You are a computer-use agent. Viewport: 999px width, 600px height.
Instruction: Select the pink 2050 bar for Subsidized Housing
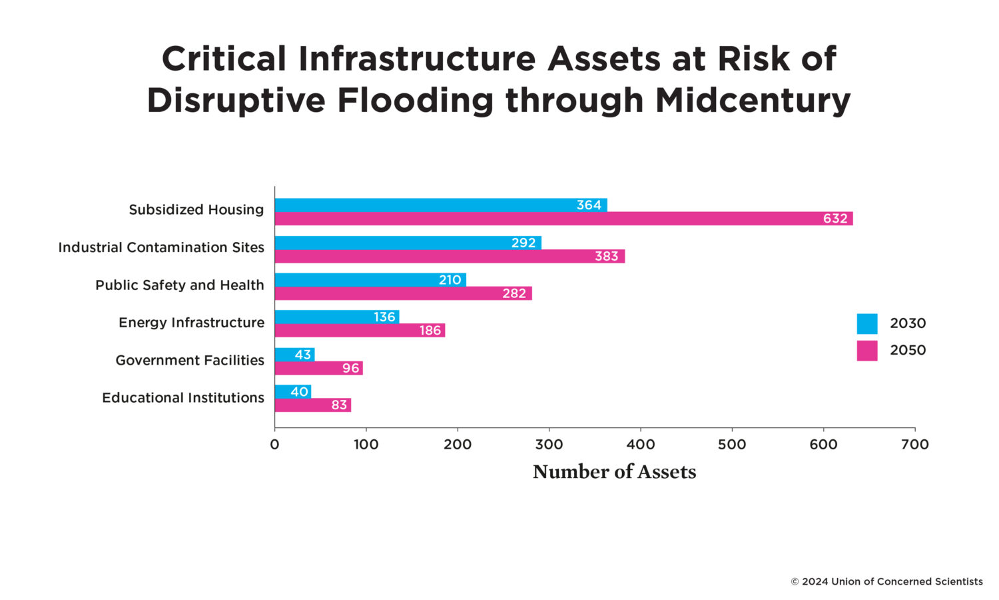click(563, 219)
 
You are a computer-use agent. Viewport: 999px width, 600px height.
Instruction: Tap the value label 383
click(606, 256)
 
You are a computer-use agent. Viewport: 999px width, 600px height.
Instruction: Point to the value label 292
click(523, 243)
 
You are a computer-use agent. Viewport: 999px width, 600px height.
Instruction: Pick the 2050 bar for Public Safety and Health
click(403, 293)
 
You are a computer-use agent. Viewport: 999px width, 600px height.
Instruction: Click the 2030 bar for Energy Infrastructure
click(336, 317)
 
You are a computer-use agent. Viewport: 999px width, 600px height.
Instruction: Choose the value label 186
click(430, 331)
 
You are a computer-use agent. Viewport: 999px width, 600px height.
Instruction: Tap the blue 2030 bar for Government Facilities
click(294, 354)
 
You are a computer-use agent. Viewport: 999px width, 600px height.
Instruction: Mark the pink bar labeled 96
click(318, 368)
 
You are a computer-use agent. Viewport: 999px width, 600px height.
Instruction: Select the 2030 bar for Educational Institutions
click(292, 391)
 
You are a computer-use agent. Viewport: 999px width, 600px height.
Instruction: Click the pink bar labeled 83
click(312, 405)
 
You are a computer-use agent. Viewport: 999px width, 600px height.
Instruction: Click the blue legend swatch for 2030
click(866, 323)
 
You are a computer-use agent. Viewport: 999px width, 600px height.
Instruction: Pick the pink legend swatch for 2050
click(866, 351)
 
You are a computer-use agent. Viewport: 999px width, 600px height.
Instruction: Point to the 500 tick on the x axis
click(732, 445)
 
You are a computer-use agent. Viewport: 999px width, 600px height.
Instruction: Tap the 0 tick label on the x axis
click(274, 445)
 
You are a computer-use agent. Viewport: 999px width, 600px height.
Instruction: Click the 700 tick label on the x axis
click(914, 445)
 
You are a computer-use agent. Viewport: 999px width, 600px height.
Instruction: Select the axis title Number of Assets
click(614, 472)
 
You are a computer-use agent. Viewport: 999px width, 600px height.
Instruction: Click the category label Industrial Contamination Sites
click(161, 247)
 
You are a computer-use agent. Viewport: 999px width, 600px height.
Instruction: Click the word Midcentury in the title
click(753, 101)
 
